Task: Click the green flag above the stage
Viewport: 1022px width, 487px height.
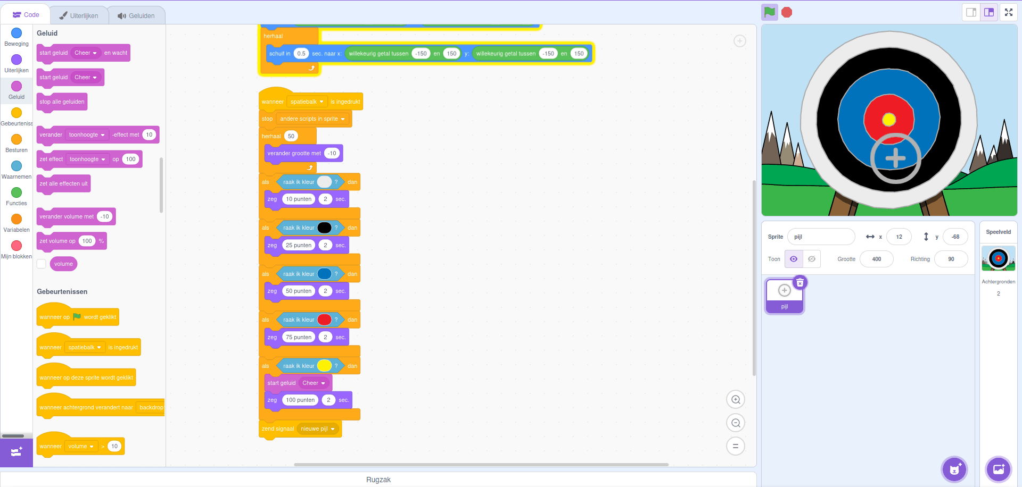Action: point(769,12)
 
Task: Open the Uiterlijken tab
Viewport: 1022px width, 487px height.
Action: point(78,15)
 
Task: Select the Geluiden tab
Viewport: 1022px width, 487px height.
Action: point(136,15)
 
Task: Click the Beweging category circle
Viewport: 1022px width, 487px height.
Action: point(17,33)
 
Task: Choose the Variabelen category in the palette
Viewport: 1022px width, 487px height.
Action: point(17,219)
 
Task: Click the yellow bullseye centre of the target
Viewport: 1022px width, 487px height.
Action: point(889,120)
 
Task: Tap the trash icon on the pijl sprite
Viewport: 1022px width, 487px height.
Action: point(800,282)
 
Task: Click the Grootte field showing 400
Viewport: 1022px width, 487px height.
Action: point(876,259)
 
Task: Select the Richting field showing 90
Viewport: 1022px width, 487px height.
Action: point(951,259)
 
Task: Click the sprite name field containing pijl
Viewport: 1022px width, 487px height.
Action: point(821,237)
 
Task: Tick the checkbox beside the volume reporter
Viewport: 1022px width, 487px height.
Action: point(42,264)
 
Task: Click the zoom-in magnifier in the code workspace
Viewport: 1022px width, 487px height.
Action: point(736,399)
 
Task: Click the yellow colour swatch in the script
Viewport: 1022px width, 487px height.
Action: point(324,366)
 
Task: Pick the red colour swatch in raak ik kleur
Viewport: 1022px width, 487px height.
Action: point(324,320)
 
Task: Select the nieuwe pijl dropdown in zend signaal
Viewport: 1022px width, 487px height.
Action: point(318,429)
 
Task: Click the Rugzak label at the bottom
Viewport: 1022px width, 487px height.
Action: point(378,480)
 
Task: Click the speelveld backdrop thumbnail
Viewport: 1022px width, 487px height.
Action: point(998,258)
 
